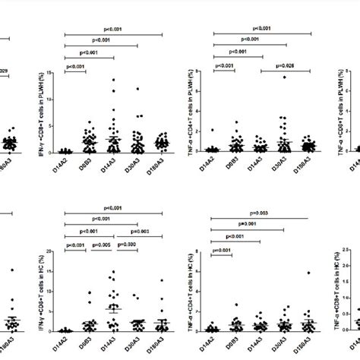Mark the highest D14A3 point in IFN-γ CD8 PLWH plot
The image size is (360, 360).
[x=113, y=80]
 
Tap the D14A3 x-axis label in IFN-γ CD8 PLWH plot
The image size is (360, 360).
[x=114, y=165]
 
